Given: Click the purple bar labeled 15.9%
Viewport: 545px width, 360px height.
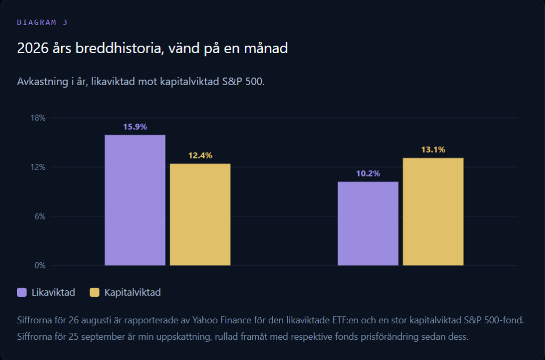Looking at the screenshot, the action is (x=135, y=200).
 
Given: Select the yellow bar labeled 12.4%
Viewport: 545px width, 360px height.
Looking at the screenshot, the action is (x=200, y=214).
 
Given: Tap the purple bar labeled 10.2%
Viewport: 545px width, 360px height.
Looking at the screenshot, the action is (x=368, y=223).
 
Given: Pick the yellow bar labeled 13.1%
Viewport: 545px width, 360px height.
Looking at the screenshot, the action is (x=433, y=212).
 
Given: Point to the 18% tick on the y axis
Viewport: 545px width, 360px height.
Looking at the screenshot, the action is (x=38, y=118).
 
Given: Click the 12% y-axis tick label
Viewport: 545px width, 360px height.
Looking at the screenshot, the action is (x=38, y=168).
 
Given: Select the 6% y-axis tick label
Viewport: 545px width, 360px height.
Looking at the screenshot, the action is (x=40, y=216).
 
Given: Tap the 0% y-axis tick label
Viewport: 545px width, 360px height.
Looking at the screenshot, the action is (x=40, y=265).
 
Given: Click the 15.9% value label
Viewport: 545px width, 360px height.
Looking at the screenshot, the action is (x=135, y=127).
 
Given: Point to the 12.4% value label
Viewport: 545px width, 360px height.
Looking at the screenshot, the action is (x=200, y=155).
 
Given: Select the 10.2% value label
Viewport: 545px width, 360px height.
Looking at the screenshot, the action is (x=368, y=173).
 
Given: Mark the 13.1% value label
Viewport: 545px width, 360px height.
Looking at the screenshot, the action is (x=433, y=149).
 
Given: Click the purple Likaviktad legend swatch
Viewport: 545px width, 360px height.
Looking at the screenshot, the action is (x=22, y=292).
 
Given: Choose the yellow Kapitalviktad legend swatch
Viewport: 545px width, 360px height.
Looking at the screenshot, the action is (x=95, y=292).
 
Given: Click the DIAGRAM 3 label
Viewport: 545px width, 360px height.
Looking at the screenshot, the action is (x=42, y=22).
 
